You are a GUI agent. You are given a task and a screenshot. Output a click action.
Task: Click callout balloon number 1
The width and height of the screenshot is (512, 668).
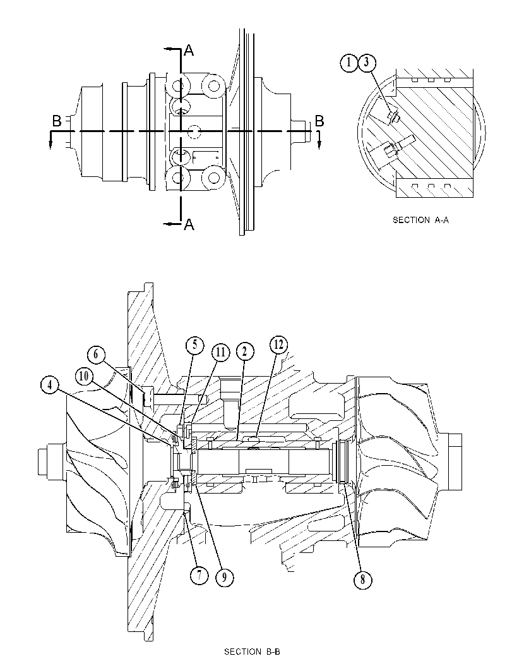point(348,63)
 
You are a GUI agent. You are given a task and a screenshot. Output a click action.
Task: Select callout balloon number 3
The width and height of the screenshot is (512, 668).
point(366,63)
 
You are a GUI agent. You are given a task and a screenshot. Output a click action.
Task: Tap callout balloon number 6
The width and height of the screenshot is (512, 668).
point(96,355)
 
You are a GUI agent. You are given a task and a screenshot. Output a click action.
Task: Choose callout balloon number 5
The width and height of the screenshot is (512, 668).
point(194,345)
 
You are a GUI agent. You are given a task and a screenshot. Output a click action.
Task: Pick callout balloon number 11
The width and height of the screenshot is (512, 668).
point(220,352)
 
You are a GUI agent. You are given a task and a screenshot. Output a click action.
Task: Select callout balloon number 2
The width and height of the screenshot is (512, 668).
point(244,352)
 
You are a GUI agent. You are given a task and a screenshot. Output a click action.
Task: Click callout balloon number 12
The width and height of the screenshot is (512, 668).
point(278,345)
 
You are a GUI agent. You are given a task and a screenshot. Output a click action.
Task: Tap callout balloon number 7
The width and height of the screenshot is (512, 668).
point(199,575)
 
